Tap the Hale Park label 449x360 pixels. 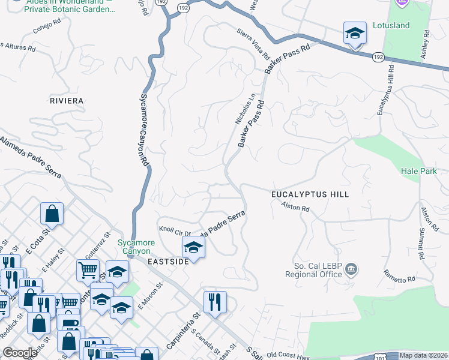coord(419,171)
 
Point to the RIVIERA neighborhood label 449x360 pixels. coord(67,101)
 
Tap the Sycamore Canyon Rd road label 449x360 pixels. coord(144,128)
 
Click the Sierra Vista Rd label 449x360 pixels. coord(253,43)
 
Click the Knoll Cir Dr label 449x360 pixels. coord(175,230)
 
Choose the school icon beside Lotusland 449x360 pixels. coord(355,33)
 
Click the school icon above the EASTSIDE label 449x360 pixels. coord(193,247)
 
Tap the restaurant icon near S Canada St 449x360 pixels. coord(215,302)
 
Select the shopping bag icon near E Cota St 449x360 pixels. coord(52,214)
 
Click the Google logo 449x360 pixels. coord(20,353)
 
